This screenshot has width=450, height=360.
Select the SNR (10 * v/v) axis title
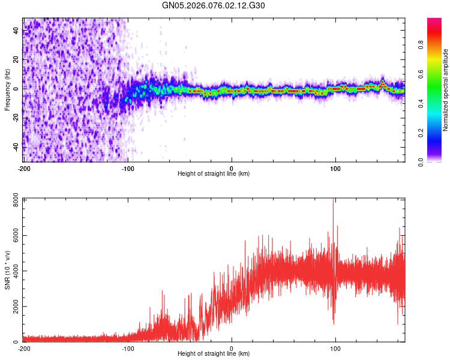7,270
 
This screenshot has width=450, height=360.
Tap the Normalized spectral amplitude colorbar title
446,90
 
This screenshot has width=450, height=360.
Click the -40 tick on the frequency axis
15,146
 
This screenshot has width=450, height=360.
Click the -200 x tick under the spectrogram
24,167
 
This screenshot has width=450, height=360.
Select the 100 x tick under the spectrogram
336,167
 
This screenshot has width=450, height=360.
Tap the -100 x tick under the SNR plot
128,348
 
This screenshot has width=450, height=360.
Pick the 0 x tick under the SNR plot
232,348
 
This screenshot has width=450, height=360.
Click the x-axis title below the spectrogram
214,174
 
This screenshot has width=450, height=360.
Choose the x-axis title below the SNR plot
214,354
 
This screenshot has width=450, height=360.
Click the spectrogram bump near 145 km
383,83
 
